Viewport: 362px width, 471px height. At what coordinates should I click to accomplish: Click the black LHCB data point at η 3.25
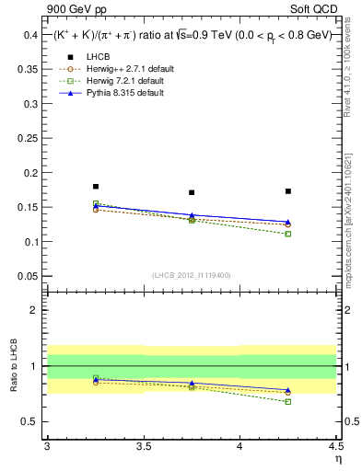pos(96,187)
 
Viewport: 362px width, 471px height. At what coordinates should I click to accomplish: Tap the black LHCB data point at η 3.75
pos(192,192)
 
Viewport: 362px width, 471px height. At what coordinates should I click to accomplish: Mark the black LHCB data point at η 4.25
pos(288,191)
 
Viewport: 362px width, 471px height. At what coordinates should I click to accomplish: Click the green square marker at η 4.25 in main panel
pos(288,234)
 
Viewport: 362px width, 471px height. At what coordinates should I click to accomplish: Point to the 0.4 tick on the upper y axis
pos(46,35)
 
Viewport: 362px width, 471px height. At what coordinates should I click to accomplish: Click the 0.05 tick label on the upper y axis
pos(29,276)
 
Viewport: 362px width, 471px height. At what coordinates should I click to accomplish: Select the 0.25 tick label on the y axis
pos(29,138)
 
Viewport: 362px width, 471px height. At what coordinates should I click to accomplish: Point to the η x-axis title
pos(337,459)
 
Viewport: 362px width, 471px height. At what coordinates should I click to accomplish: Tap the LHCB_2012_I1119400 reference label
pos(192,275)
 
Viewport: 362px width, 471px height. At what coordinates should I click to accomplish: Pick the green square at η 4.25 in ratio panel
pos(288,401)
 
